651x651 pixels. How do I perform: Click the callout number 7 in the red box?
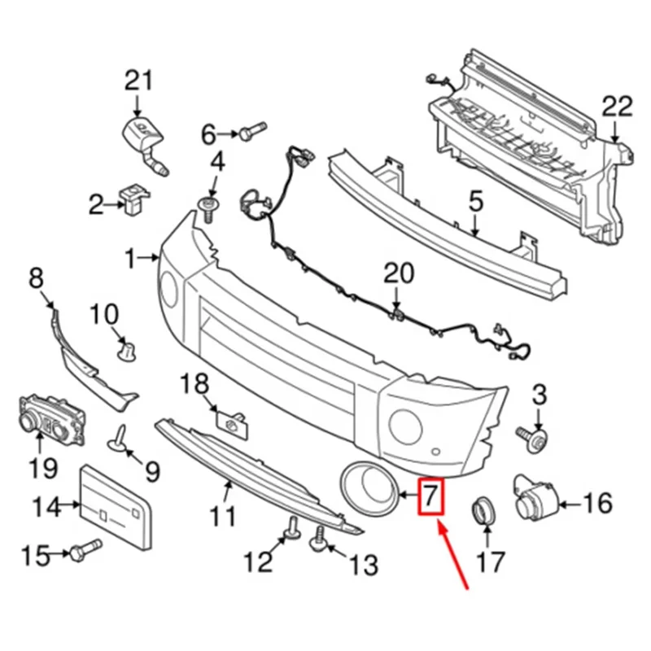(429, 496)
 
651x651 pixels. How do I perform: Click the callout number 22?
(616, 105)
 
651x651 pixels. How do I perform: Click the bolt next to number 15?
(85, 553)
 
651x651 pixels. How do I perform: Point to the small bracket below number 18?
(231, 422)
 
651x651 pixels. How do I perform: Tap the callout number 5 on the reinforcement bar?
(476, 201)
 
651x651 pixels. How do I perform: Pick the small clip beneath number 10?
(126, 350)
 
